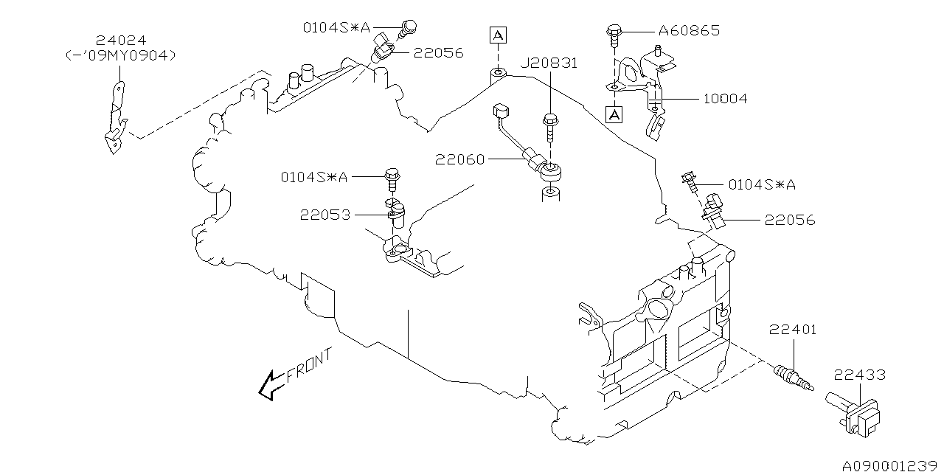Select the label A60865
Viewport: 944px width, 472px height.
click(x=688, y=31)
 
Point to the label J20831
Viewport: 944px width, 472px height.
click(x=549, y=63)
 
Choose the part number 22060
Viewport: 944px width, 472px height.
click(x=459, y=159)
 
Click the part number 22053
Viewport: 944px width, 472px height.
click(x=324, y=215)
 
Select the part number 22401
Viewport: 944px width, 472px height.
click(x=793, y=330)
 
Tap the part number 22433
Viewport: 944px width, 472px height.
click(x=860, y=375)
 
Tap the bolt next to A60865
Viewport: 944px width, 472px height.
click(x=614, y=32)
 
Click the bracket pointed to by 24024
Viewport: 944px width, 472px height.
click(x=114, y=118)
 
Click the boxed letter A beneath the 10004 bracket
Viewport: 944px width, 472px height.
click(x=614, y=114)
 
